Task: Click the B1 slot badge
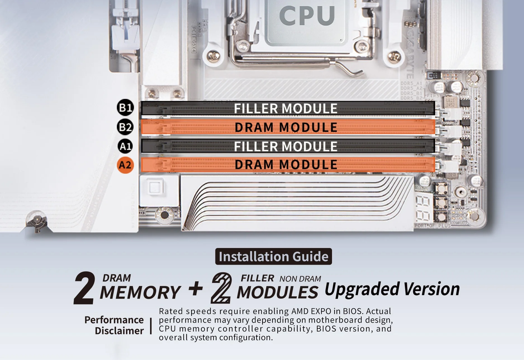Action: click(125, 108)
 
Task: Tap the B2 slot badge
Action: click(125, 127)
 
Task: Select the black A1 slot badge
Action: click(125, 146)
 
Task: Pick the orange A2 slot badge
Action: click(125, 165)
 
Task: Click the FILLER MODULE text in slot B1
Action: click(285, 108)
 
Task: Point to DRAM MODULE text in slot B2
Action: click(286, 127)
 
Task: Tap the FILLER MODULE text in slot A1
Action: click(285, 146)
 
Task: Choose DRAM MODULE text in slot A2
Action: click(286, 164)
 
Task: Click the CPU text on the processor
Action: click(307, 15)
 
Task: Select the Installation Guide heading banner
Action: click(273, 256)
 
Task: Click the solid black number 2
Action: click(84, 288)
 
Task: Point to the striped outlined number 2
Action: click(221, 288)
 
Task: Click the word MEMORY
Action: click(140, 292)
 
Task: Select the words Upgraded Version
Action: click(392, 289)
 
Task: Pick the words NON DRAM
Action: click(300, 279)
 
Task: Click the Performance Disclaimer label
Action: click(115, 325)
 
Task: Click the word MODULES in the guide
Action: click(277, 292)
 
